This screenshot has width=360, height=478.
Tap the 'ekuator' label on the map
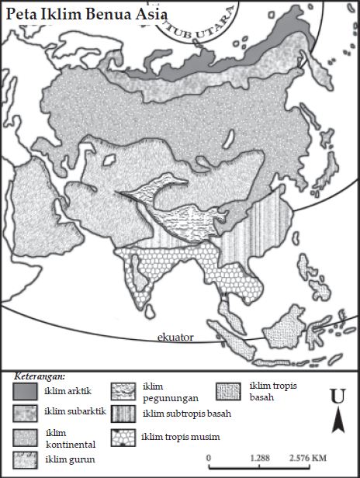click(175, 336)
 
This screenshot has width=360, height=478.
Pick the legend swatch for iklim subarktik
click(26, 410)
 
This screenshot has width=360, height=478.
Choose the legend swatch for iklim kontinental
click(26, 436)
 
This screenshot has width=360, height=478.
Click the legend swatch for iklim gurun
click(26, 459)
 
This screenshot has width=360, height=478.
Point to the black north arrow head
click(337, 422)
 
